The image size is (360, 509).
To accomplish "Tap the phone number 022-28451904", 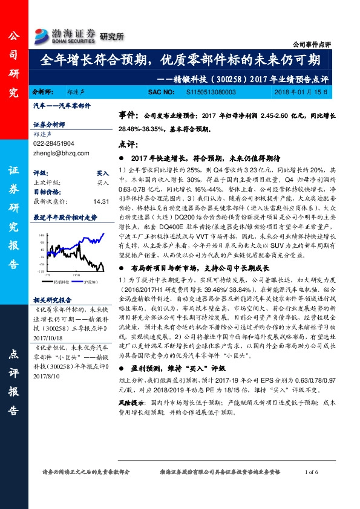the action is (54, 144).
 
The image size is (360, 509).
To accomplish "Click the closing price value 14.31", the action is (100, 201).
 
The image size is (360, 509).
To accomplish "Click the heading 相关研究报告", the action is (53, 299).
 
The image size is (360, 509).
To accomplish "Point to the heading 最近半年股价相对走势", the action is (65, 216).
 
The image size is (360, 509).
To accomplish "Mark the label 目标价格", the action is (47, 191).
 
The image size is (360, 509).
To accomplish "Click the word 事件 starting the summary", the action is (127, 114).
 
